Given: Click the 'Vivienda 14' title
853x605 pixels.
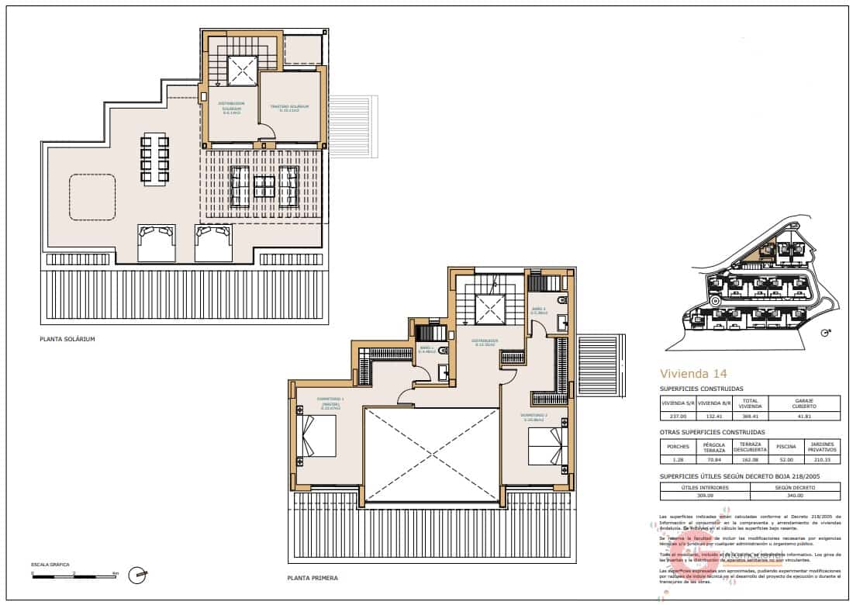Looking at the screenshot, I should point(692,372).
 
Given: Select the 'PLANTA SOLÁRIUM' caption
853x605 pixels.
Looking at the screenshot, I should point(67,340).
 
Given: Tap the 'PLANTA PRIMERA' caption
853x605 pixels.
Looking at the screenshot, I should point(313,578).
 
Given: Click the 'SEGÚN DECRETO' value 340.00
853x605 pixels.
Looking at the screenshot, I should point(795,496).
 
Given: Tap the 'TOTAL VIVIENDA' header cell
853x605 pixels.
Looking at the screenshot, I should point(750,403).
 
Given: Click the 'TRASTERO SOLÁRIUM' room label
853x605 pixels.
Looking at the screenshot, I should point(289,107).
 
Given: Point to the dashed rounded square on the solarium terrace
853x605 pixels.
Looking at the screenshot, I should point(92,197).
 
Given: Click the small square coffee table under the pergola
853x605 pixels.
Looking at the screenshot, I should point(264,187).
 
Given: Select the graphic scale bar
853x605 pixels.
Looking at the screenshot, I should point(74,576).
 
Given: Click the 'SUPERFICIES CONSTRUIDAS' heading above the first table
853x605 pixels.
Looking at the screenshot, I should point(701,389).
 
